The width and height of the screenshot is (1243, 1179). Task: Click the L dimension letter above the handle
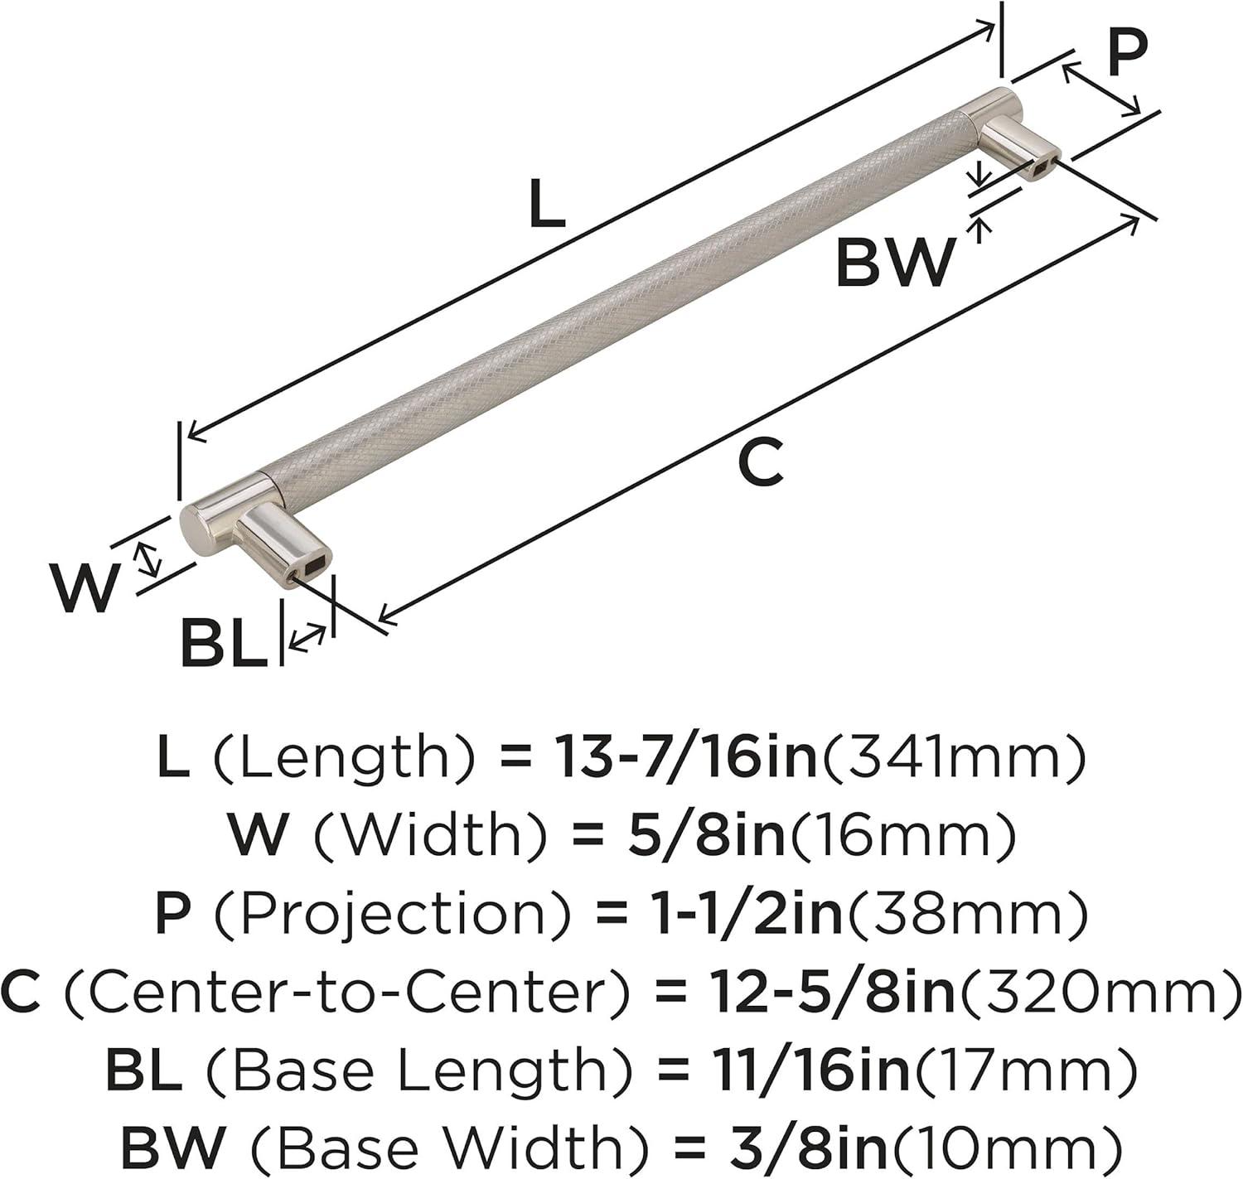tap(546, 203)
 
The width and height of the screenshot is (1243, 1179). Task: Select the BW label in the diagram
tap(892, 262)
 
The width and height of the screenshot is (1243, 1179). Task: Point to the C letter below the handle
tap(761, 463)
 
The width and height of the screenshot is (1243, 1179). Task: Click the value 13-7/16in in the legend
tap(686, 758)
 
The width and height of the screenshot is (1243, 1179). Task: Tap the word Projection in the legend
tap(392, 916)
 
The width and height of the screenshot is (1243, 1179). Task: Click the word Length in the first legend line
tap(346, 758)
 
